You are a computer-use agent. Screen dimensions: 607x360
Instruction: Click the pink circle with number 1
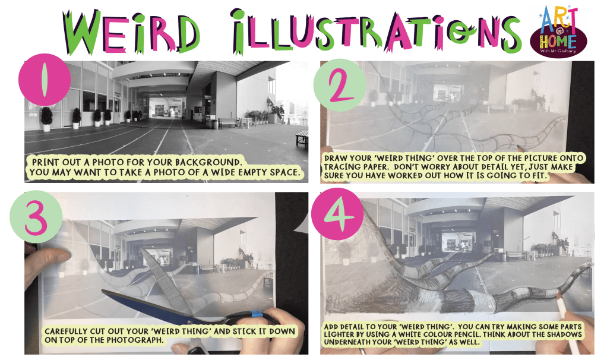point(45,80)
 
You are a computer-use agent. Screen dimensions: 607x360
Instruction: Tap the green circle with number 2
point(340,85)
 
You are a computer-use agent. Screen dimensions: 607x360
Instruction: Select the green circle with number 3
point(36,216)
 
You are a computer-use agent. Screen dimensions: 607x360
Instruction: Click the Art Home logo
point(558,31)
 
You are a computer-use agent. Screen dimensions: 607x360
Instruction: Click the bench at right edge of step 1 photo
point(302,138)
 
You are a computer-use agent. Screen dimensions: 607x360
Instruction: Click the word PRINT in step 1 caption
point(43,162)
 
